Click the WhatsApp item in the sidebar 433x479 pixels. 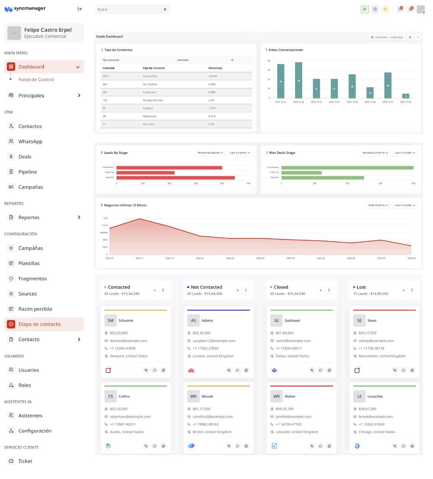[30, 141]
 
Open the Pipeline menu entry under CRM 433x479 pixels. [27, 172]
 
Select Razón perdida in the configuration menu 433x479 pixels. [35, 309]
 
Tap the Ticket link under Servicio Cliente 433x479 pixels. [25, 461]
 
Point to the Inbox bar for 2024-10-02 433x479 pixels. [298, 80]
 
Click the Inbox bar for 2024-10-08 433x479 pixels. [406, 96]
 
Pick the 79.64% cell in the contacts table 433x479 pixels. [213, 76]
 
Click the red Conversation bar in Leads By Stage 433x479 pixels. [169, 168]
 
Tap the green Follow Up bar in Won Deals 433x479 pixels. [302, 173]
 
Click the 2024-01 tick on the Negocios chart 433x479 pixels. [199, 258]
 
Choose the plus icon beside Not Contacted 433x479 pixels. [237, 290]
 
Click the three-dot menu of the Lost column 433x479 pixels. [412, 290]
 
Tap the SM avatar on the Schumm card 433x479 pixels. [111, 321]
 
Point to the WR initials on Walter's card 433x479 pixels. [276, 396]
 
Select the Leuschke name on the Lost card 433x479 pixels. [375, 396]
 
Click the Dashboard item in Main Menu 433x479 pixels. [31, 67]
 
